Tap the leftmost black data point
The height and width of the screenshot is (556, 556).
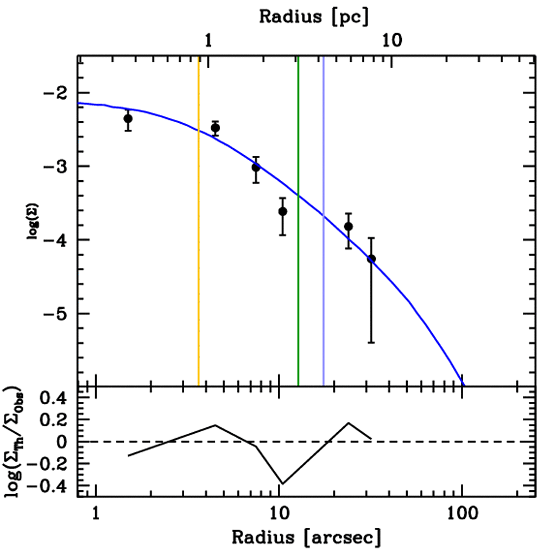tap(128, 118)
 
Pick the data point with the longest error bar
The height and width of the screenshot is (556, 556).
tap(371, 258)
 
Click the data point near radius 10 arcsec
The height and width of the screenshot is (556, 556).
tap(282, 211)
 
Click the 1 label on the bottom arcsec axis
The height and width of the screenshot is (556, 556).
tap(96, 513)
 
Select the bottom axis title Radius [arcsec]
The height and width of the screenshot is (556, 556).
tap(307, 537)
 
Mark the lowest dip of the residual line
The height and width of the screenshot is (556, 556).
tap(282, 483)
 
